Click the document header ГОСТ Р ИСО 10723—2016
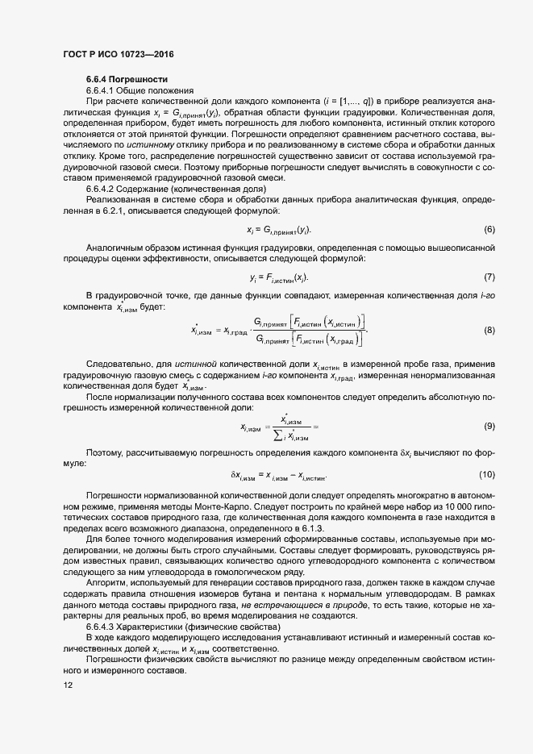[x=118, y=54]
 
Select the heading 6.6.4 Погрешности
[x=127, y=79]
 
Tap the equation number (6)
[x=489, y=229]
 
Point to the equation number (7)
[x=489, y=277]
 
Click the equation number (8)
[x=489, y=330]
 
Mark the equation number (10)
[x=486, y=473]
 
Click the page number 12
[x=69, y=685]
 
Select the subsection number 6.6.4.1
[x=103, y=90]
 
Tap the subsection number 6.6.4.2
[x=103, y=189]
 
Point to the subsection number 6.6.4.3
[x=103, y=627]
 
